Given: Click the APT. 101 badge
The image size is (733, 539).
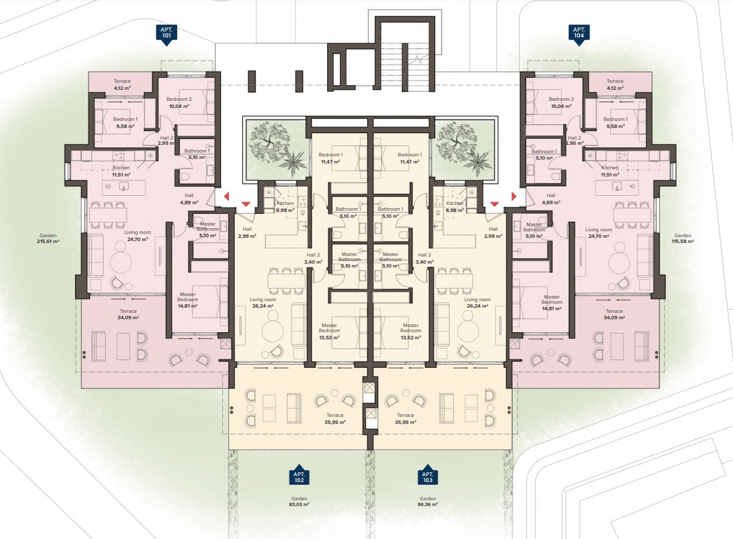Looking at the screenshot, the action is pyautogui.click(x=166, y=34).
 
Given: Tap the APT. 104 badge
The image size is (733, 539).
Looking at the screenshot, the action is pyautogui.click(x=579, y=34).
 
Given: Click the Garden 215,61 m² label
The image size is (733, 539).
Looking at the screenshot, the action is pyautogui.click(x=48, y=238).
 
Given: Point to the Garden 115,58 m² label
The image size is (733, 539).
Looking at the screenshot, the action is pyautogui.click(x=683, y=238).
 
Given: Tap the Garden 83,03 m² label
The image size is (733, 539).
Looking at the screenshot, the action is pyautogui.click(x=299, y=502).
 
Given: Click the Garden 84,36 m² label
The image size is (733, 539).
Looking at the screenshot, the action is pyautogui.click(x=428, y=502).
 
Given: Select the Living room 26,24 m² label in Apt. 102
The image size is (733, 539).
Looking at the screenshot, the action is pyautogui.click(x=262, y=302).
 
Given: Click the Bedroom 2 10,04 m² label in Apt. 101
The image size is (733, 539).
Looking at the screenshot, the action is pyautogui.click(x=179, y=102).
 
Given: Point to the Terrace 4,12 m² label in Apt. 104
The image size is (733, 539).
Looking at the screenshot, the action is pyautogui.click(x=615, y=84).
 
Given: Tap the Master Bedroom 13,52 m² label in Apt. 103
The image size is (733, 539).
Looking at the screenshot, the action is pyautogui.click(x=411, y=331).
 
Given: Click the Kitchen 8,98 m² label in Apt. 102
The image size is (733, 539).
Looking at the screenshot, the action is pyautogui.click(x=285, y=207).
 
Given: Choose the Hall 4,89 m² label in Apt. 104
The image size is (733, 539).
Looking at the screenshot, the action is pyautogui.click(x=551, y=199).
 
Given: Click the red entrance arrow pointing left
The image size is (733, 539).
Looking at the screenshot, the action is pyautogui.click(x=227, y=196).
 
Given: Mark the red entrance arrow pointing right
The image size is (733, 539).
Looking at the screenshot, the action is pyautogui.click(x=515, y=196).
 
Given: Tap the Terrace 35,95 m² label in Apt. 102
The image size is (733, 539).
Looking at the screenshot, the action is pyautogui.click(x=335, y=418).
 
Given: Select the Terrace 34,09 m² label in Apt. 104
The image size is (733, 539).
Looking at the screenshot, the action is pyautogui.click(x=614, y=314).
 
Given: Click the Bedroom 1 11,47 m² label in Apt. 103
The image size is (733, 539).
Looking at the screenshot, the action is pyautogui.click(x=410, y=158).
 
